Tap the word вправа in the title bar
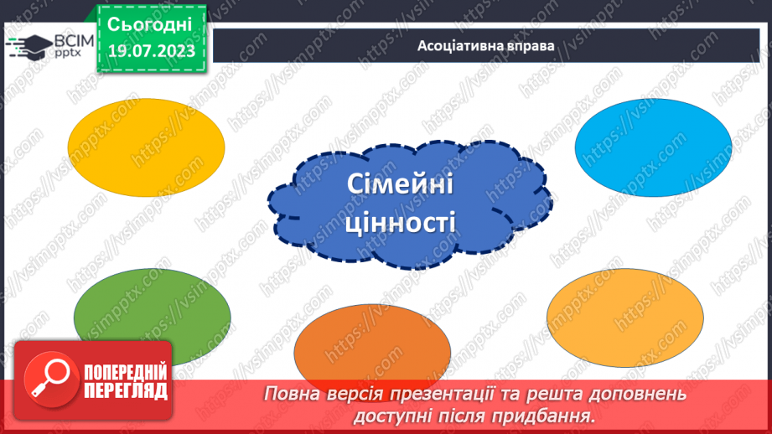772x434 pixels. click(529, 45)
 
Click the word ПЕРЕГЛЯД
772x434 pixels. click(125, 391)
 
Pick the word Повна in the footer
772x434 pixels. click(293, 393)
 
